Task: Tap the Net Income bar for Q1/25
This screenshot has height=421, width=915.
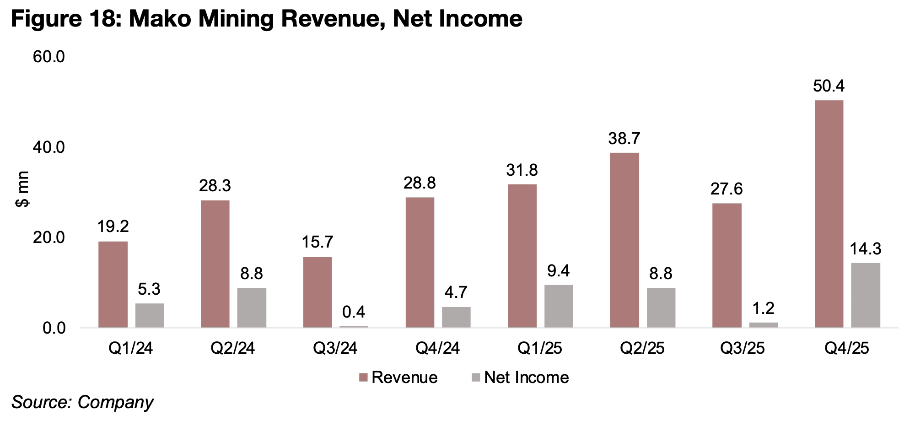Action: click(x=558, y=306)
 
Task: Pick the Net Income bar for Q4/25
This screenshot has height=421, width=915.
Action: click(x=865, y=295)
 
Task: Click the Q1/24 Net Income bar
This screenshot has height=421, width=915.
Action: click(x=149, y=315)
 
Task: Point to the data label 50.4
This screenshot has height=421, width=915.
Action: click(x=829, y=86)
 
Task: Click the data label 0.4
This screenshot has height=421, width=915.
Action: click(x=354, y=312)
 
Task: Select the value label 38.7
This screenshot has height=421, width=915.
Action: click(x=624, y=138)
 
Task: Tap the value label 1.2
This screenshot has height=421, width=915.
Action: click(x=763, y=308)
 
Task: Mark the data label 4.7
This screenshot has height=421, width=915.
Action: click(x=456, y=292)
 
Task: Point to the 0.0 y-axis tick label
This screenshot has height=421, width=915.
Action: click(x=54, y=329)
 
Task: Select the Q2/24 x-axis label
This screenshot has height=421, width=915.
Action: click(x=232, y=349)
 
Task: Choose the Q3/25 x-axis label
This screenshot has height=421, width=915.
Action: click(x=742, y=349)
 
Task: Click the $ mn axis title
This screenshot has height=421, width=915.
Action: click(x=22, y=189)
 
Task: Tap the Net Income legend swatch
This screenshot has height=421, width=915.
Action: click(x=476, y=378)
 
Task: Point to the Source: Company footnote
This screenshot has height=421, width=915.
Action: click(x=82, y=402)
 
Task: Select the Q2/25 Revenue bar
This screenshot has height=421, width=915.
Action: click(x=624, y=240)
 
